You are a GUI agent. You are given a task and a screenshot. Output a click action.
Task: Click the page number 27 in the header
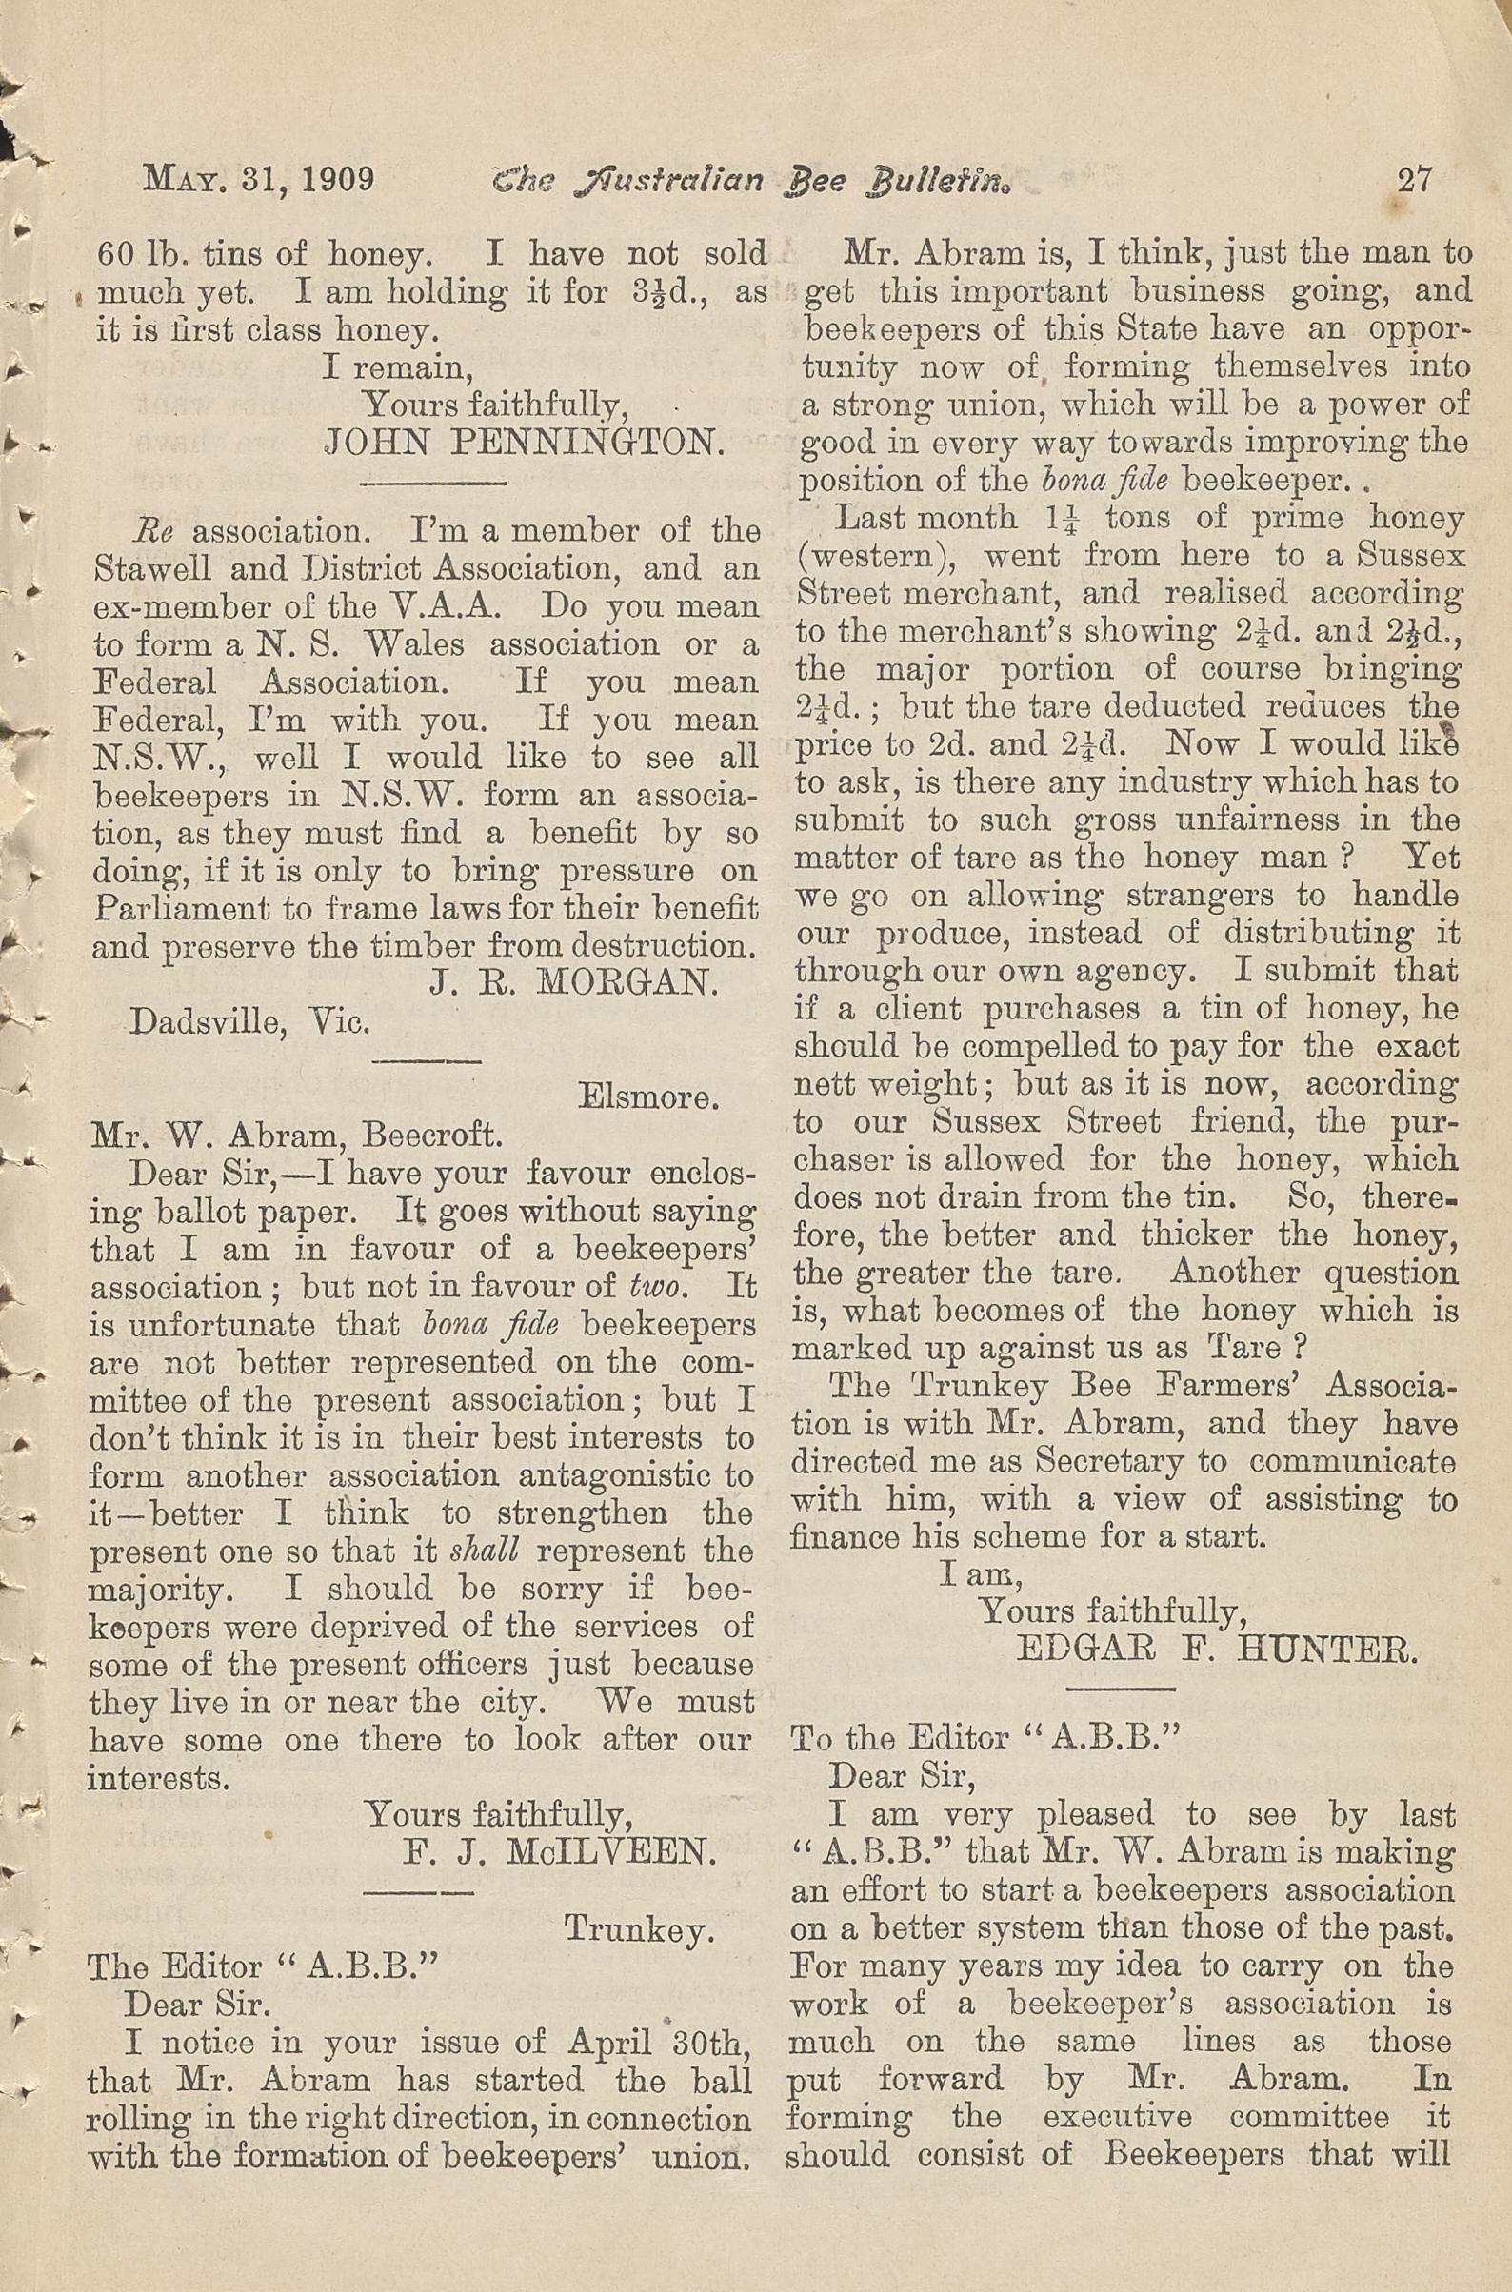(x=1414, y=180)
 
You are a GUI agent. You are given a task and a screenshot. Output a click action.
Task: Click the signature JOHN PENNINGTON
(x=524, y=444)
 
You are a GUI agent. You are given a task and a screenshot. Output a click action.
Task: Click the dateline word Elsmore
(x=648, y=1097)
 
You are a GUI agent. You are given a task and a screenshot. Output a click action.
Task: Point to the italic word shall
(x=485, y=1551)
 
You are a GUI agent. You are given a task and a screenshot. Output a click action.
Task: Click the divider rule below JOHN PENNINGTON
(x=433, y=481)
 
